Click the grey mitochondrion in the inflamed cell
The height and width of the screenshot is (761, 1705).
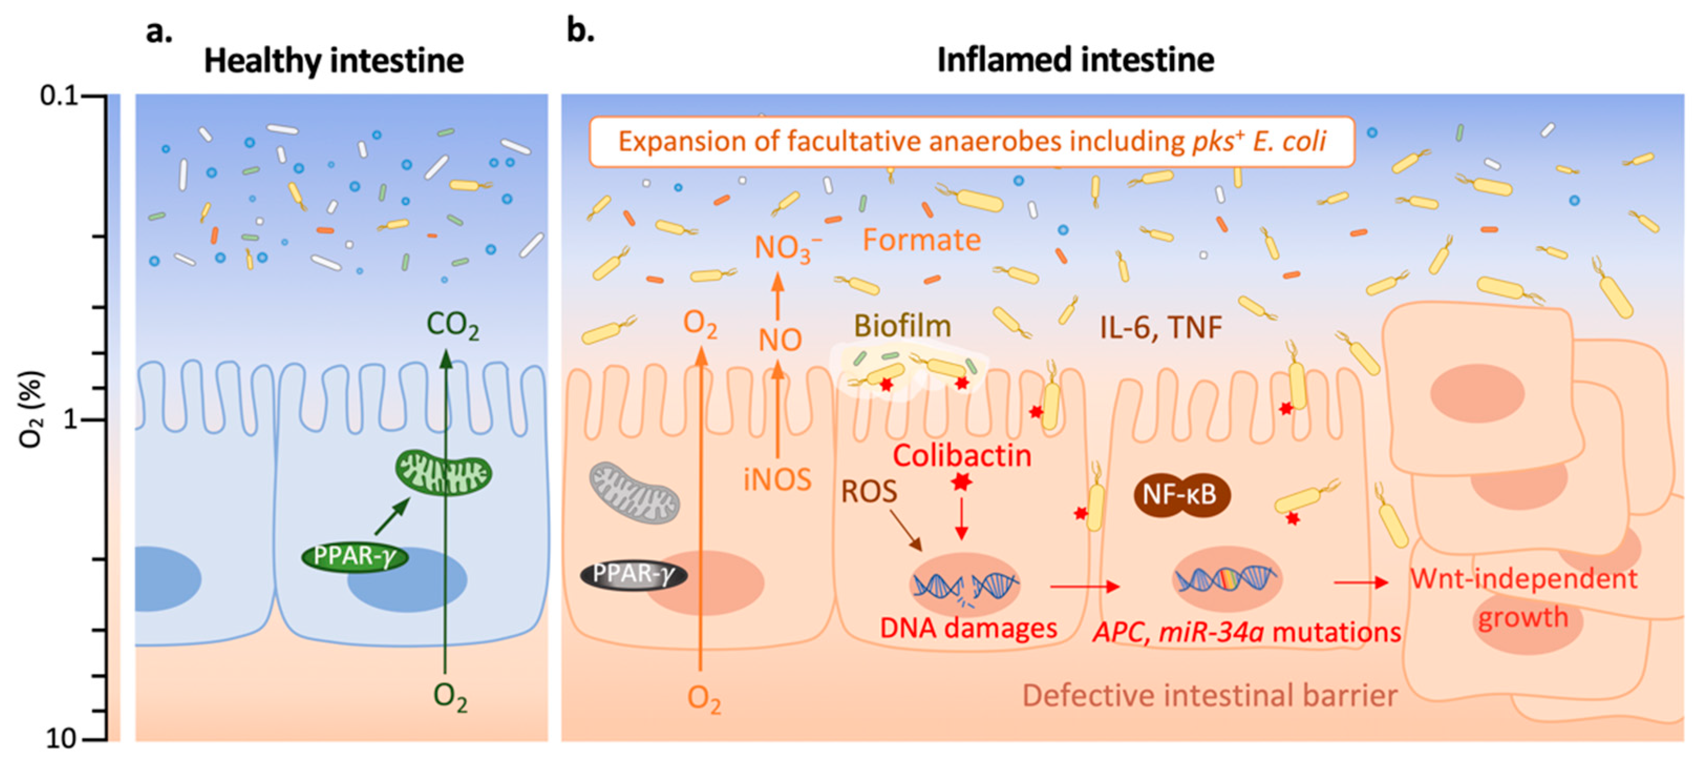(x=634, y=493)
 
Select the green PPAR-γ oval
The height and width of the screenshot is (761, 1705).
(x=354, y=556)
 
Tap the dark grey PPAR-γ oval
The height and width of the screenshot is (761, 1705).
(x=633, y=574)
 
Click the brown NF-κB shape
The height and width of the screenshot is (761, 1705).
(x=1181, y=494)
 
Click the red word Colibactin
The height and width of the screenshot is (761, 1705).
(x=962, y=456)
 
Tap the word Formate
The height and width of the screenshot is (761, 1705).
(x=921, y=240)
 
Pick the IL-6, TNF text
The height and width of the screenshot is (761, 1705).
(x=1160, y=327)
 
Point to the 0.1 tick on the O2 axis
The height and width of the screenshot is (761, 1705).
(x=60, y=96)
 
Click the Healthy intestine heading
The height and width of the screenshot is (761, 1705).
(x=334, y=61)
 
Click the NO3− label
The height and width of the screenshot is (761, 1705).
(x=787, y=248)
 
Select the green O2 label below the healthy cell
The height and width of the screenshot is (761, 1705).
(x=450, y=697)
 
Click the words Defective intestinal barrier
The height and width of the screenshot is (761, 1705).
(x=1209, y=695)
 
